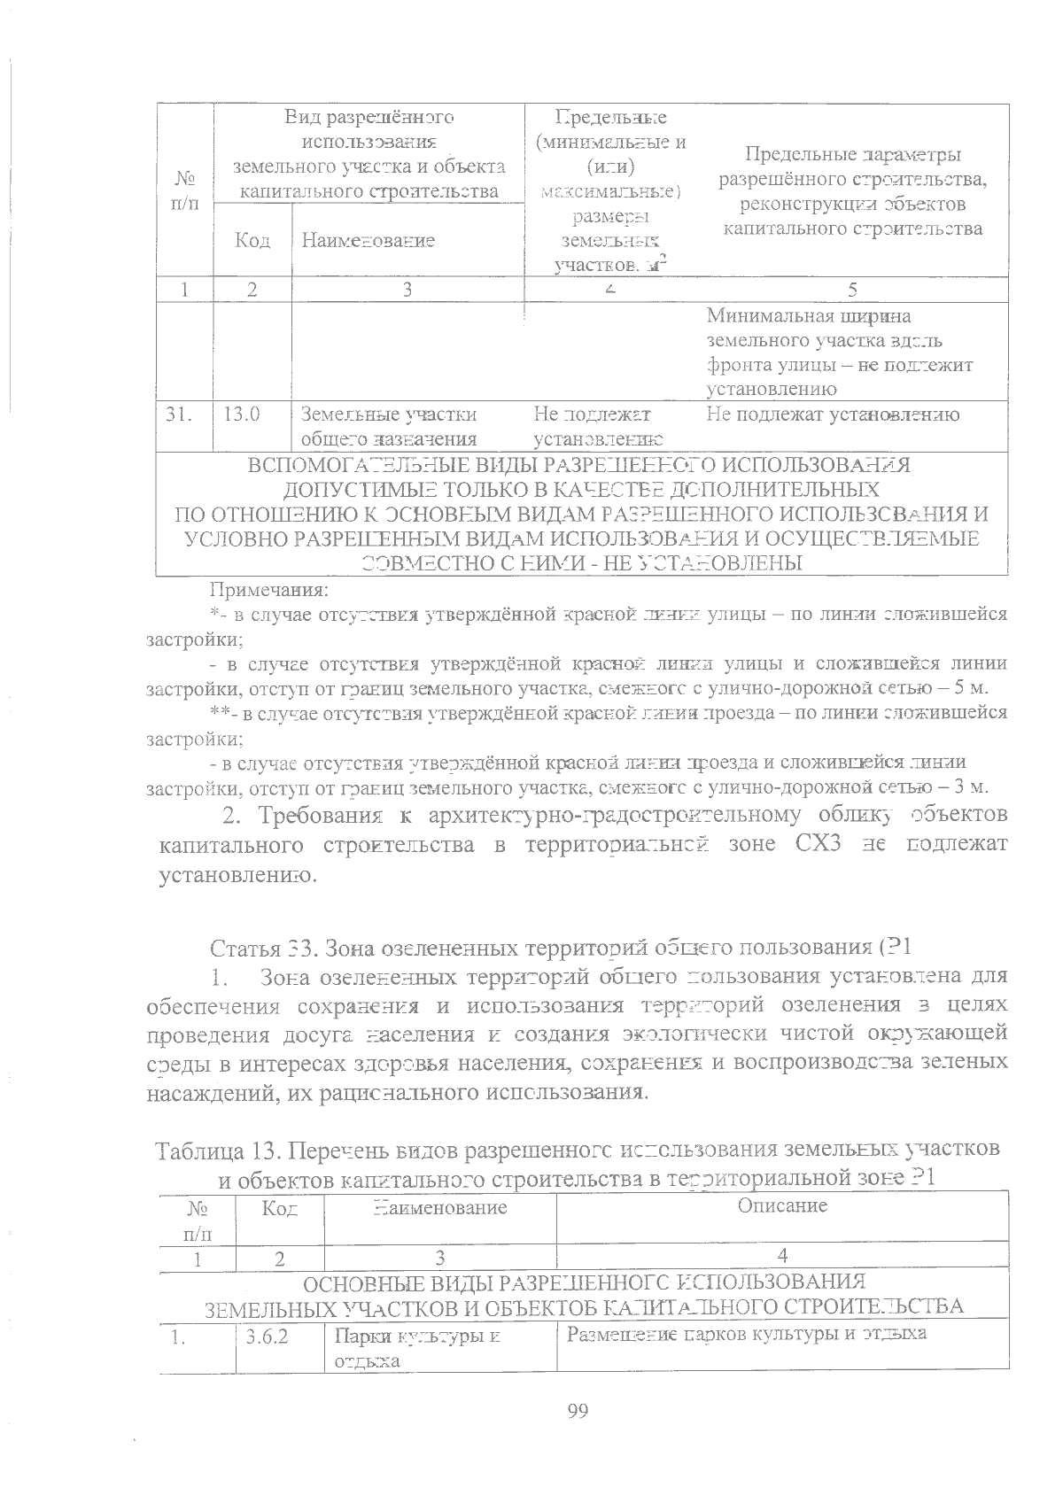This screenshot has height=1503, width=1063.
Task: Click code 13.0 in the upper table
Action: click(x=241, y=414)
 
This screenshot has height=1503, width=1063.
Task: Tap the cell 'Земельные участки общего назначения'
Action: click(x=389, y=426)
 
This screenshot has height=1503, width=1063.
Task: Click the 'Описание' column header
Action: click(x=782, y=1205)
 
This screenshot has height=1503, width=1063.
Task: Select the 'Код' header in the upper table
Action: click(x=252, y=240)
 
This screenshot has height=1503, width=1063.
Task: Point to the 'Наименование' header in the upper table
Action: click(x=368, y=240)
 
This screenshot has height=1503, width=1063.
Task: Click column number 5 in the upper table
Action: click(x=852, y=289)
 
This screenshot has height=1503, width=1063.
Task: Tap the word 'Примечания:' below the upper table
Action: click(x=269, y=588)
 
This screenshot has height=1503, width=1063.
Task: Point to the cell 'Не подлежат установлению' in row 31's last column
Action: click(x=833, y=414)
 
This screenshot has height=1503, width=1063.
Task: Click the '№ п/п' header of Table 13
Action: click(x=197, y=1218)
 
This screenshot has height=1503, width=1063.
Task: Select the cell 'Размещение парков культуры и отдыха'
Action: click(x=746, y=1334)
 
